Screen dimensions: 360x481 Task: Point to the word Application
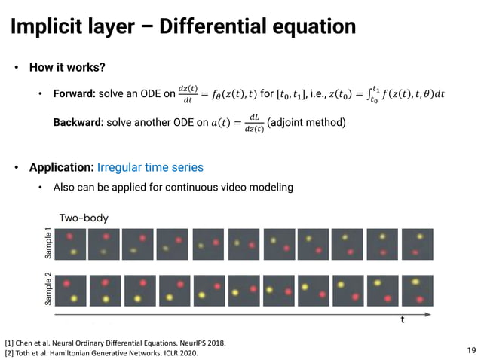pos(61,166)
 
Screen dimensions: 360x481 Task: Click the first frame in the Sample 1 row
pos(68,244)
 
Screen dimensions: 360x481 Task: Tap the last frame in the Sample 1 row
pos(417,244)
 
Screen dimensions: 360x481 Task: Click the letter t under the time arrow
pos(402,319)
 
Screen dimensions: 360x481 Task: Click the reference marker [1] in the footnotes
pos(9,343)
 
